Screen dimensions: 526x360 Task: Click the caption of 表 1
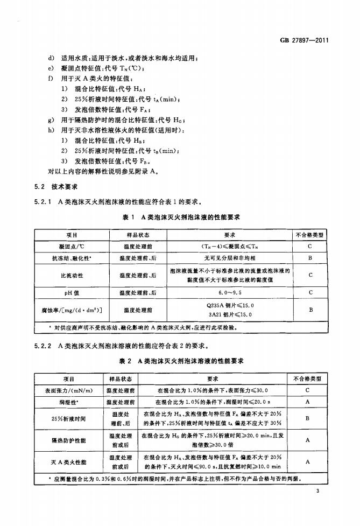[x=181, y=217]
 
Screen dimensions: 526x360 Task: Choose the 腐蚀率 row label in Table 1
[x=72, y=310]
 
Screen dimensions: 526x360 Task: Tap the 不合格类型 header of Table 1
[x=310, y=235]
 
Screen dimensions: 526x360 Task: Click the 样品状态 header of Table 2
[x=121, y=378]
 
